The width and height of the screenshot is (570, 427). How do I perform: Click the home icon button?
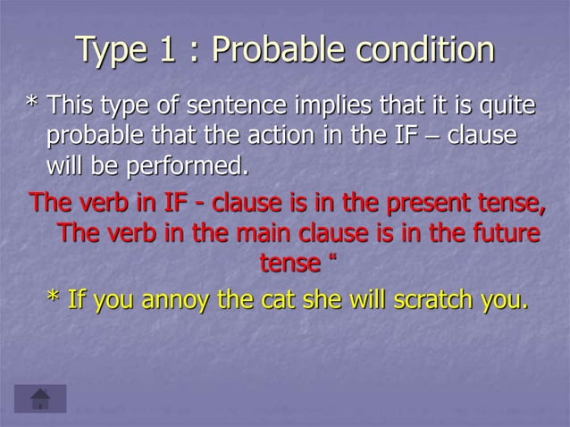(x=40, y=398)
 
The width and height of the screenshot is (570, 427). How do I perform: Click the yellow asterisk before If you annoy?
(x=53, y=300)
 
